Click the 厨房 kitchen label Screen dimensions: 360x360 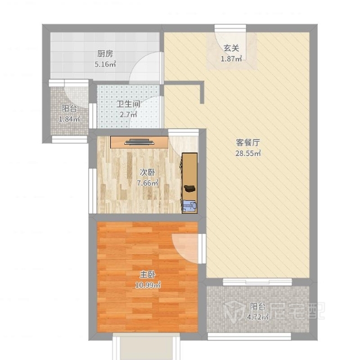coord(105,54)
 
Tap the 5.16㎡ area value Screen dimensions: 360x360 coord(105,64)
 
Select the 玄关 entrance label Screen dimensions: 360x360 coord(231,48)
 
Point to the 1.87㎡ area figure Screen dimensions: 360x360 coord(231,58)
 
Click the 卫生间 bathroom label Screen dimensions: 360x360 coord(128,104)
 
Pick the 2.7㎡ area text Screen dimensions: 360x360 coord(128,114)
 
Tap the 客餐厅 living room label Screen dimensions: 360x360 coord(248,142)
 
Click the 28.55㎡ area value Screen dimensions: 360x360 coord(248,153)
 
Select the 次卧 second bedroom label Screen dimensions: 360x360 coord(147,173)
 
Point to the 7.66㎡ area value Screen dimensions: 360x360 coord(147,183)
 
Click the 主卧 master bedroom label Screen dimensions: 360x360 coord(147,274)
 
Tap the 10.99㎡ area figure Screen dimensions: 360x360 coord(147,285)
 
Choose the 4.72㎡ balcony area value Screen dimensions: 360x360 coord(258,317)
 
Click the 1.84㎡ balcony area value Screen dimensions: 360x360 coord(69,119)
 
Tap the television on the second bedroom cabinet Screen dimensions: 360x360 coord(139,142)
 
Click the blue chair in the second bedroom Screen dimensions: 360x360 coord(190,205)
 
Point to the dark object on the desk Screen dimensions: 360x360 coord(190,188)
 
